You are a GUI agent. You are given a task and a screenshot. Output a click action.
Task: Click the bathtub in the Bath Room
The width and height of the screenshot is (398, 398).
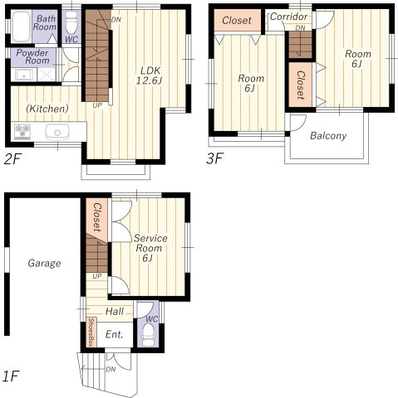tap(22, 27)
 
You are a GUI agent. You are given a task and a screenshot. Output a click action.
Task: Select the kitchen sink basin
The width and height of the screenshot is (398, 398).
tap(57, 132)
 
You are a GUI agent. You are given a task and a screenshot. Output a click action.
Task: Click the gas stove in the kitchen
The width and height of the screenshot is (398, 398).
tap(22, 131)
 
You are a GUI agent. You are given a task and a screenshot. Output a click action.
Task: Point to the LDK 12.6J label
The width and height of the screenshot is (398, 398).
tap(150, 75)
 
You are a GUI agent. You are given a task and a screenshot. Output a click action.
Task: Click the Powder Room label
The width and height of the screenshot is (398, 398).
tap(32, 56)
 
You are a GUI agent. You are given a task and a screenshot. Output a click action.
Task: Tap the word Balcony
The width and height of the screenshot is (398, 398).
tap(328, 136)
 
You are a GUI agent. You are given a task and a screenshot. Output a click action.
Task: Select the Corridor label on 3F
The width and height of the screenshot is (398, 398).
tap(288, 17)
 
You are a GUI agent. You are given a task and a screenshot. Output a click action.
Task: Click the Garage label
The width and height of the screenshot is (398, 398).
tap(44, 263)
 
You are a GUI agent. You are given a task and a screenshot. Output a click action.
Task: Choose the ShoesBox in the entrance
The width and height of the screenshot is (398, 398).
tap(91, 332)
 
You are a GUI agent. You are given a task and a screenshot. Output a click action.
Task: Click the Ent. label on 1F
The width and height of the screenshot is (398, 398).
tap(115, 334)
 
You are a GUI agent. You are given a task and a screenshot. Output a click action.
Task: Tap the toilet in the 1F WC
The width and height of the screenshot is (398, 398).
tap(148, 334)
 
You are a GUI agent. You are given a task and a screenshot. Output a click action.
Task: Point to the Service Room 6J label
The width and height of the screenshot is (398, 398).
tap(150, 248)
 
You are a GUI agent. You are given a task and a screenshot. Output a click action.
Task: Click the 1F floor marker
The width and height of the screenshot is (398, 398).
tap(11, 376)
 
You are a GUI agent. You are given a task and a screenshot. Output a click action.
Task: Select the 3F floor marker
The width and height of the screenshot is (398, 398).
tap(214, 158)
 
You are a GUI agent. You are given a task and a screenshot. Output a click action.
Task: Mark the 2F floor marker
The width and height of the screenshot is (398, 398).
tap(12, 159)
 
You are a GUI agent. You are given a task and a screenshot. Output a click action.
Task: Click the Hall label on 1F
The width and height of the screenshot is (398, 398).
tap(115, 312)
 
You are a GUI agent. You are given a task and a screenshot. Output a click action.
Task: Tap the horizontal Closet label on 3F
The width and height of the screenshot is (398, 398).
tap(237, 20)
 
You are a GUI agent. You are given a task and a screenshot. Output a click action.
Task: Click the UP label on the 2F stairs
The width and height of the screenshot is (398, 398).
tap(97, 105)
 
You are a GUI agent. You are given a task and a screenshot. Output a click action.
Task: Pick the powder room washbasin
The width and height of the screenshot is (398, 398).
tap(23, 75)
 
